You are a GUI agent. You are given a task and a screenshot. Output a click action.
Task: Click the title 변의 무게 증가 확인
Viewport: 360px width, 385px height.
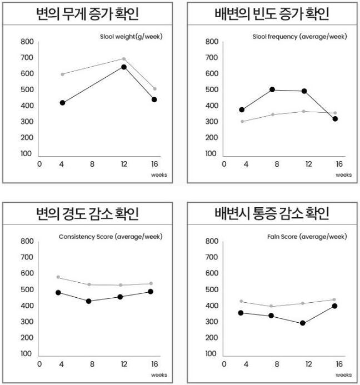(x=88, y=14)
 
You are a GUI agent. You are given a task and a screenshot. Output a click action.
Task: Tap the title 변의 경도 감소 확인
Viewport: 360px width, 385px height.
(x=88, y=214)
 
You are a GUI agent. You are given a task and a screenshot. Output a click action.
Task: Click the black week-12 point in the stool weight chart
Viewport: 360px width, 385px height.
(x=124, y=67)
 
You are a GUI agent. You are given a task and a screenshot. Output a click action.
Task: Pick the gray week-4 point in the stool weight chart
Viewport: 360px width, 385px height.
(x=62, y=74)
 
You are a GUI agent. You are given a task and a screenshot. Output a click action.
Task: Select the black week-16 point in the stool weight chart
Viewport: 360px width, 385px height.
(x=154, y=100)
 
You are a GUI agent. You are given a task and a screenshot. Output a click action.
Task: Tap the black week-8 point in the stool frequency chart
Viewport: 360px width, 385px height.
(x=272, y=89)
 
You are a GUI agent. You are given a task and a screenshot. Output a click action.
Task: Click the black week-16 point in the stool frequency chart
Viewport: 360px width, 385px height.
(x=334, y=119)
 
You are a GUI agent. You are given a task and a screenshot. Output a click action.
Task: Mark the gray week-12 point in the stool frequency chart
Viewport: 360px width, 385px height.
(x=303, y=111)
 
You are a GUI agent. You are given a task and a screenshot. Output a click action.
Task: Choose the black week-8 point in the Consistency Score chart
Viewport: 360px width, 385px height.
(x=88, y=301)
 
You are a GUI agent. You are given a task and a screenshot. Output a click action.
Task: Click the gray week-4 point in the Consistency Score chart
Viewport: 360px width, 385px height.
(x=58, y=277)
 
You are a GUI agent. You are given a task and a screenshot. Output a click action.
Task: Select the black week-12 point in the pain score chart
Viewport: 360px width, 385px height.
(x=303, y=323)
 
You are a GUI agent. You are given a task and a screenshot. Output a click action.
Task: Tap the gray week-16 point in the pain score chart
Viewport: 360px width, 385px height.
(x=334, y=299)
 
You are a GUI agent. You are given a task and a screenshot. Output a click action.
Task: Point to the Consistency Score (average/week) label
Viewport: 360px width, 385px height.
(x=111, y=237)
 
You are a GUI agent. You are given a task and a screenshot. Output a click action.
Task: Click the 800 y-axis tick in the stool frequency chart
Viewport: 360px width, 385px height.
(x=211, y=42)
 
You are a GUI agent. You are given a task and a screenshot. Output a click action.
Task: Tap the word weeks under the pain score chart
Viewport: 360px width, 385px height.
(x=343, y=374)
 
